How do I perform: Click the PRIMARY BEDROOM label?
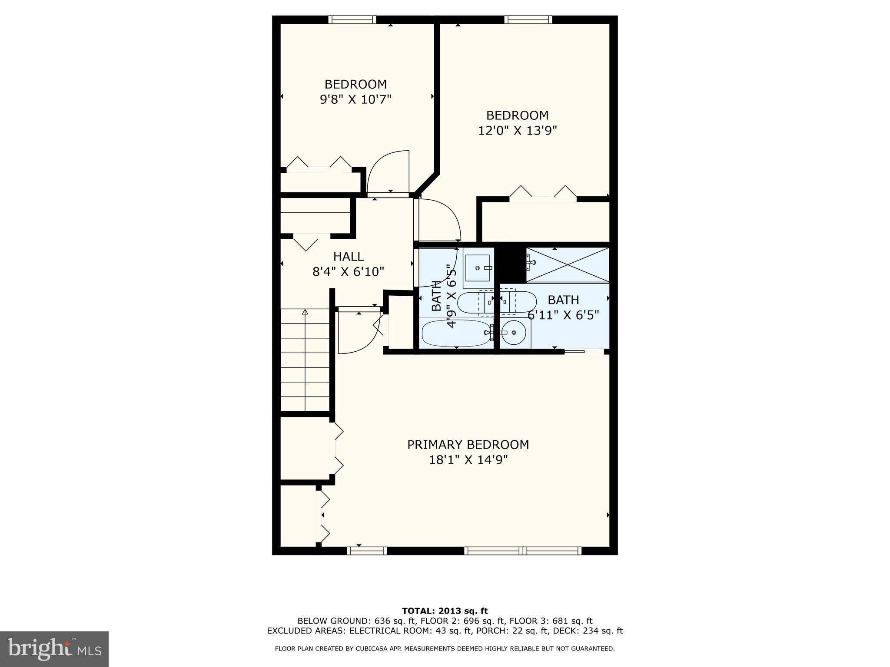[x=468, y=445]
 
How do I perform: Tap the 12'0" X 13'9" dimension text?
[x=517, y=130]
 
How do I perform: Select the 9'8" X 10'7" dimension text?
[x=355, y=99]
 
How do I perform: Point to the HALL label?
[x=348, y=257]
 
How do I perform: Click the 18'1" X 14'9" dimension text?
[x=468, y=460]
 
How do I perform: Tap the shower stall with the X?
[x=567, y=265]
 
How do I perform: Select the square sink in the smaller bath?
[x=478, y=268]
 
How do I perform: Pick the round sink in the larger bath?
[x=513, y=333]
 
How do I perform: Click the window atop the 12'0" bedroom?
[x=528, y=19]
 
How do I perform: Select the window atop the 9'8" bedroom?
[x=352, y=19]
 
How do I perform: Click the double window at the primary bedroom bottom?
[x=523, y=551]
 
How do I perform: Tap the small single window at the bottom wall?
[x=367, y=551]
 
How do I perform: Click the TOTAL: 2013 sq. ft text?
[x=445, y=611]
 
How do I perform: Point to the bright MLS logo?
[x=54, y=649]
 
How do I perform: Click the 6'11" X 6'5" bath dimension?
[x=563, y=315]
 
